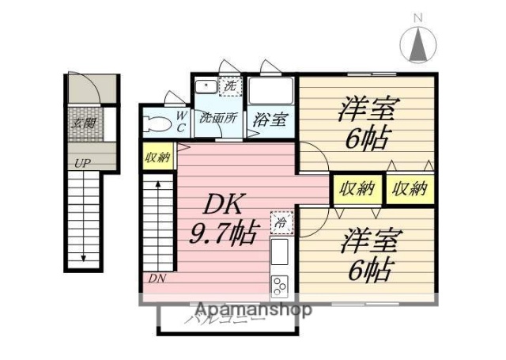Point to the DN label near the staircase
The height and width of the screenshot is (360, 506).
(157, 279)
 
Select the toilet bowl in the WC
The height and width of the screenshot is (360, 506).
(158, 123)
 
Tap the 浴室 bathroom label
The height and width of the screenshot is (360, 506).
(270, 120)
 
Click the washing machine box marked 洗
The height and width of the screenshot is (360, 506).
(230, 86)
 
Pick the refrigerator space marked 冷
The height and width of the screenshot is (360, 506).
(281, 224)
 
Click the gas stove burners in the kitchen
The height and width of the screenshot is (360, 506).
(281, 282)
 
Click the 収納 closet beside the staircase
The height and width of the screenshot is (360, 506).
(158, 157)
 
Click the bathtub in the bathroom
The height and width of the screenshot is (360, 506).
(270, 90)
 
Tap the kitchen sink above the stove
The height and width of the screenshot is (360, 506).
(281, 252)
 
